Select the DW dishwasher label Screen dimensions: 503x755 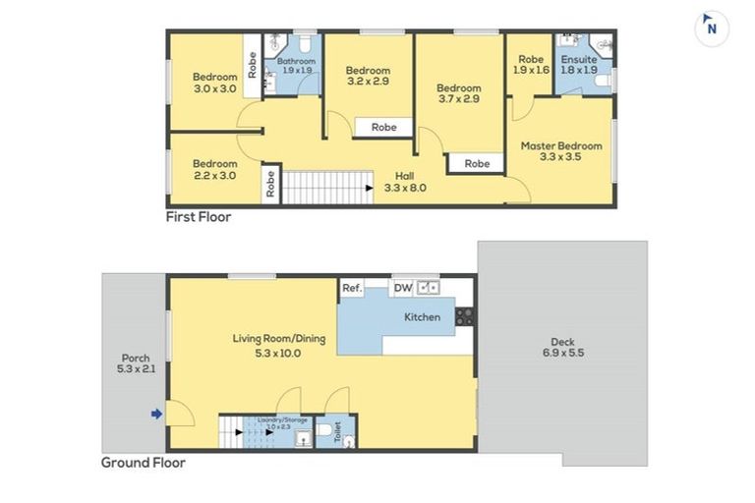pos(402,288)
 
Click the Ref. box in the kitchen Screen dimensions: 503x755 pos(352,288)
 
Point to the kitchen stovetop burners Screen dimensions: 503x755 pos(464,316)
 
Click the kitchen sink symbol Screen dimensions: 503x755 pos(429,288)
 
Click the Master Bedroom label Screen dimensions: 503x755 pos(561,151)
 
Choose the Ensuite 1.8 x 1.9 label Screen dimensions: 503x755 pos(579,65)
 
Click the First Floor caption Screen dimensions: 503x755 pos(199,217)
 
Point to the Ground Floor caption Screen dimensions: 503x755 pos(144,462)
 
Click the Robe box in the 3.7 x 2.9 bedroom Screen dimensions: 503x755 pos(478,164)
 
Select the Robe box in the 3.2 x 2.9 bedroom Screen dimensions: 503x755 pos(383,127)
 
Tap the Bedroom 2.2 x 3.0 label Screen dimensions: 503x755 pos(214,169)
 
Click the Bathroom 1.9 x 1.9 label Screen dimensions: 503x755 pos(297,66)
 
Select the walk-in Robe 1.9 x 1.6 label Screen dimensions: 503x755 pos(531,65)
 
